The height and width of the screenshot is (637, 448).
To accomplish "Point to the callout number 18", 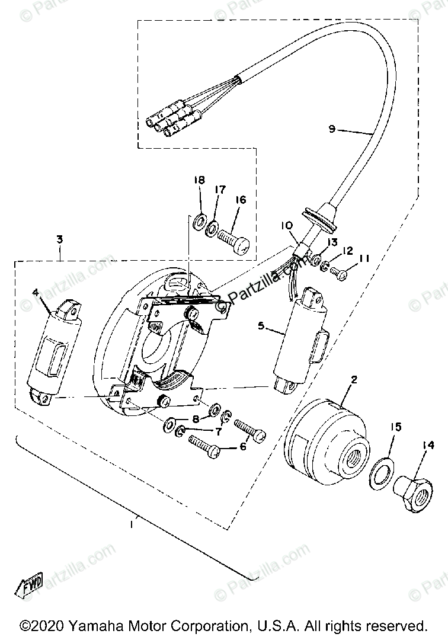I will click(x=199, y=180).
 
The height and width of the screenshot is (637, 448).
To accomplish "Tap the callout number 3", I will click(x=60, y=239).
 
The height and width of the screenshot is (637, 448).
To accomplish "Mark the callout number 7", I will click(x=217, y=432).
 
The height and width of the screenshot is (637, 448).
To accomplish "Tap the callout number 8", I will click(x=196, y=418).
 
